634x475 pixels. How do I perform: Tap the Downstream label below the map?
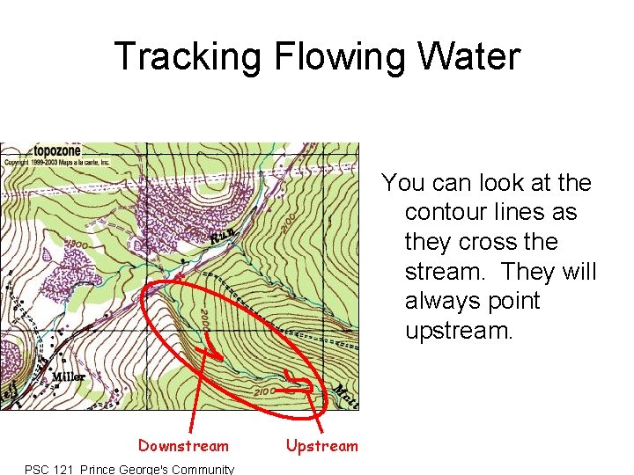point(183,446)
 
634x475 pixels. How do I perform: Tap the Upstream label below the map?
point(322,446)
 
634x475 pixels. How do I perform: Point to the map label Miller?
point(68,376)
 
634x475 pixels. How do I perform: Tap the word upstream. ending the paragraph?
point(458,332)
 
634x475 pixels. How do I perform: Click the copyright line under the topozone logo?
point(57,163)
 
